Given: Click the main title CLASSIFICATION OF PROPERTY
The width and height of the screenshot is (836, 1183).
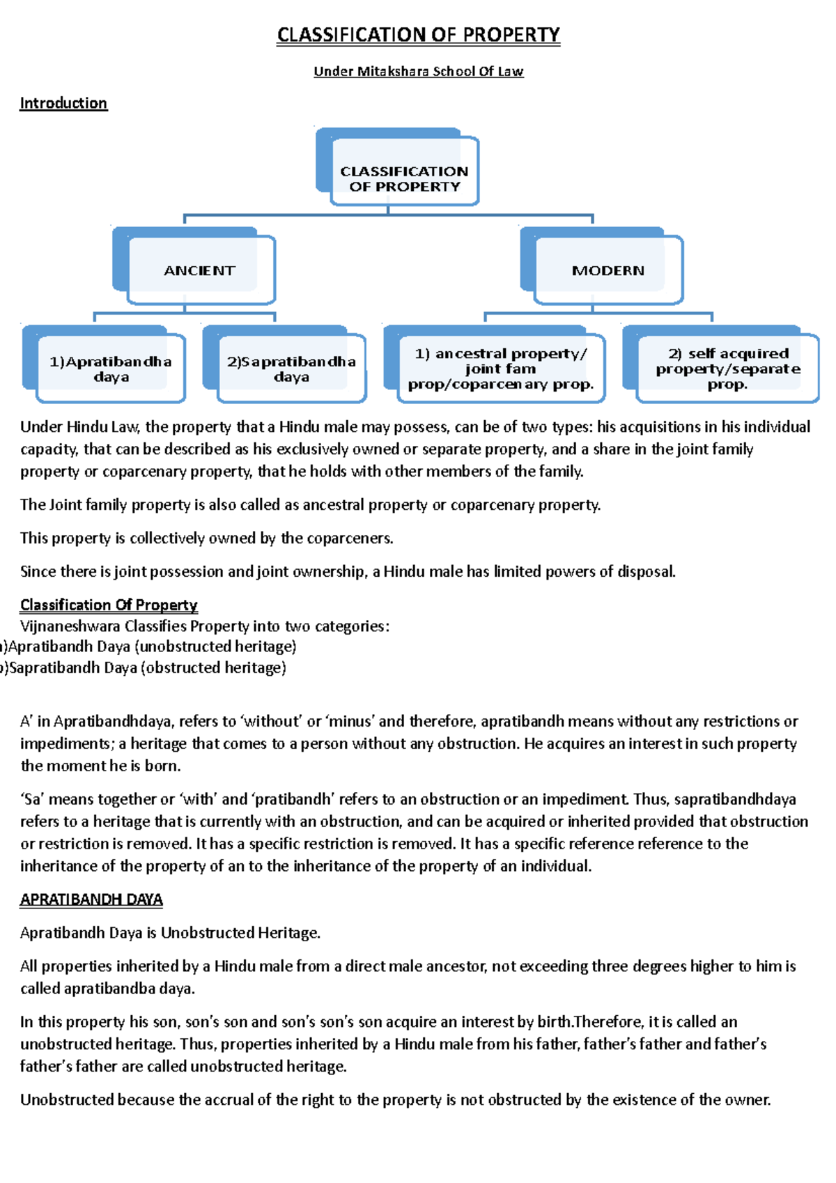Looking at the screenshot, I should (x=418, y=35).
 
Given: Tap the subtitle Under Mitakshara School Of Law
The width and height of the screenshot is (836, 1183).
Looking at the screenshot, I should (x=418, y=71).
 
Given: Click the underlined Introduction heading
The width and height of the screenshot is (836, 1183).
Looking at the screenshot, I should (x=63, y=103).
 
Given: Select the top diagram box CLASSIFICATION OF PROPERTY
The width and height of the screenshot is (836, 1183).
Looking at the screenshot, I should (x=404, y=178).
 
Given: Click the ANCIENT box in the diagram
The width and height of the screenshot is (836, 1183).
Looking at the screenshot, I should (x=199, y=270).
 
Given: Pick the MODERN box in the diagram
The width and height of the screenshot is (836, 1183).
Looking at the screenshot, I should (x=607, y=270).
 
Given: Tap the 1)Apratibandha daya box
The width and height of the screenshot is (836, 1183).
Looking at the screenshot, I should (x=111, y=369).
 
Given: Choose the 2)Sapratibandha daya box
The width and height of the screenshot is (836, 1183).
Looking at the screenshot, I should (x=291, y=369).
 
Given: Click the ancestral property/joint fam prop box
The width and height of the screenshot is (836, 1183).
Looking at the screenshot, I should (x=500, y=369).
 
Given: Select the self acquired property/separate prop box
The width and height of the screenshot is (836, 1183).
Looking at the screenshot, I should (x=727, y=369).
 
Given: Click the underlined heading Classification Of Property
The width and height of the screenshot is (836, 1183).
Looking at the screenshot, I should (x=109, y=605).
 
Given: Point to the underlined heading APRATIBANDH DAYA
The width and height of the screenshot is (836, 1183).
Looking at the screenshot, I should (x=91, y=899).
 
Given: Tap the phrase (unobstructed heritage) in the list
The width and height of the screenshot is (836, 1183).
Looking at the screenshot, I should (x=215, y=647).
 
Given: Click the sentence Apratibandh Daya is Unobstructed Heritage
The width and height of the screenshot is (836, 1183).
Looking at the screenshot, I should (x=170, y=933).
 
